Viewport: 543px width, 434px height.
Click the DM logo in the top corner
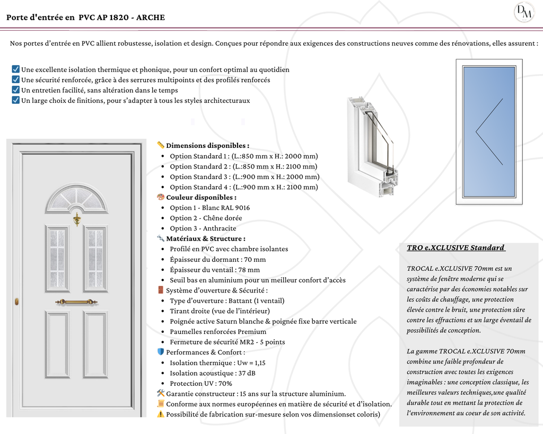[x=523, y=12]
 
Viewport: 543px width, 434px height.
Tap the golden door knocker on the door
[x=77, y=218]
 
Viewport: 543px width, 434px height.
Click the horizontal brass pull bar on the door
[x=77, y=302]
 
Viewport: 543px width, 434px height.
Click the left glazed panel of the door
[x=57, y=258]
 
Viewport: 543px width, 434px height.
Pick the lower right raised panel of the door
[x=95, y=344]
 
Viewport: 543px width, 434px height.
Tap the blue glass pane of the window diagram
[x=488, y=131]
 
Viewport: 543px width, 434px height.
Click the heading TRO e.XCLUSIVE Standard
[x=456, y=248]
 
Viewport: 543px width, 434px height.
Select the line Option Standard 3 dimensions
[x=244, y=177]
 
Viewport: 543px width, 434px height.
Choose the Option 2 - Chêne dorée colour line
[x=206, y=218]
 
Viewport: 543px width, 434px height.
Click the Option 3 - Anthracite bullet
[x=203, y=228]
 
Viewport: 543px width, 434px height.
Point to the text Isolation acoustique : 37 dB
[x=213, y=373]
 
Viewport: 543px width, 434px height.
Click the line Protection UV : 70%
[x=201, y=384]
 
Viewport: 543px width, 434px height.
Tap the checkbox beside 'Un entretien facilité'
[x=16, y=90]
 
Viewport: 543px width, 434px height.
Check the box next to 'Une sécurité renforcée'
[x=16, y=79]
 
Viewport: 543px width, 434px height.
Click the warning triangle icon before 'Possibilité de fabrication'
[x=161, y=414]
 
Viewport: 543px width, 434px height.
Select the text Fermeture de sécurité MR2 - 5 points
[x=227, y=342]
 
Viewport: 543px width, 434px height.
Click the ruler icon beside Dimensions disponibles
[x=161, y=145]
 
